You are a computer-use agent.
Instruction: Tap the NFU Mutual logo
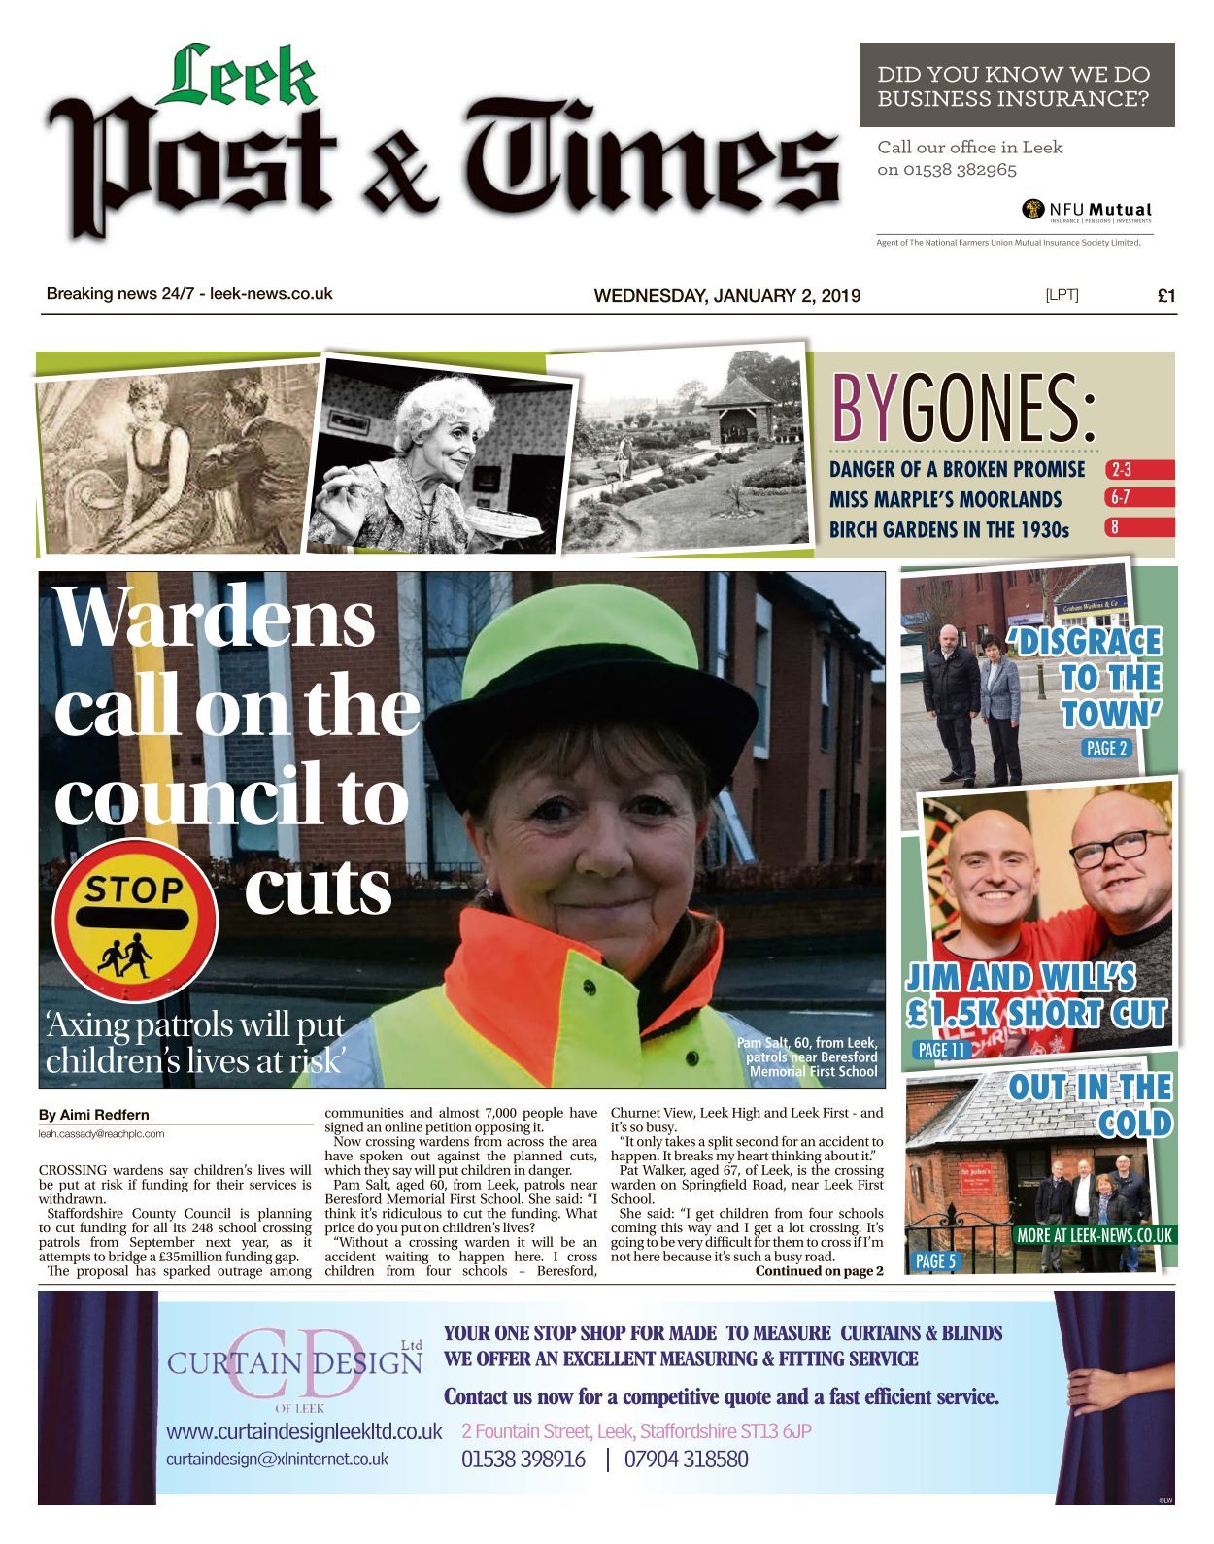pos(1087,210)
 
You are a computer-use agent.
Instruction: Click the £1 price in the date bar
pos(1166,296)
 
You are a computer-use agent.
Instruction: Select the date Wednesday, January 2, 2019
pos(726,296)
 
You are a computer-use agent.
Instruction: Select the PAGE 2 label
pos(1106,748)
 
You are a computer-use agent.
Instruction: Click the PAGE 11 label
pos(942,1050)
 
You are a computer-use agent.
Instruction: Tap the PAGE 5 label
pos(936,1260)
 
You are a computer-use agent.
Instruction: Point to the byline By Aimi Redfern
pos(94,1115)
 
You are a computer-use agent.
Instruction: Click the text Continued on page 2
pos(819,1270)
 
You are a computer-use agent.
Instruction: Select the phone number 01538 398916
pos(523,1459)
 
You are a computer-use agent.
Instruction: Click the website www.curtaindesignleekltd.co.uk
pos(304,1431)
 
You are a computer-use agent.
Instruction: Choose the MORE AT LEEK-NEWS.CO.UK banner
pos(1094,1235)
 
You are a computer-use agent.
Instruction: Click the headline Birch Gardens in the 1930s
pos(948,529)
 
